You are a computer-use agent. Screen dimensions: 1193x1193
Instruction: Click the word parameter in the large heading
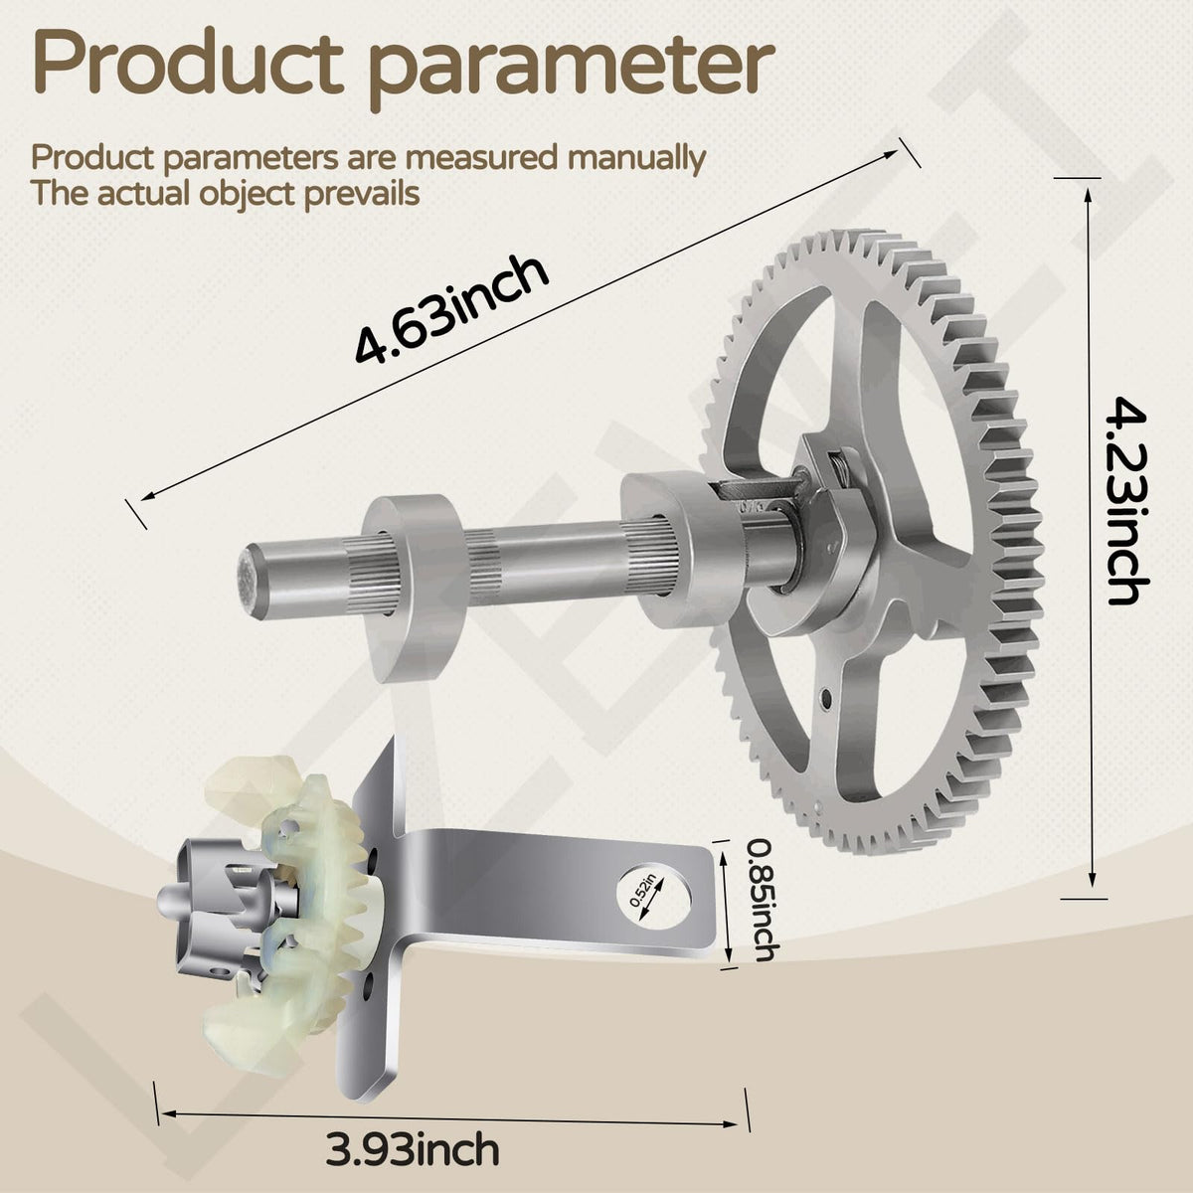tap(572, 71)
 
